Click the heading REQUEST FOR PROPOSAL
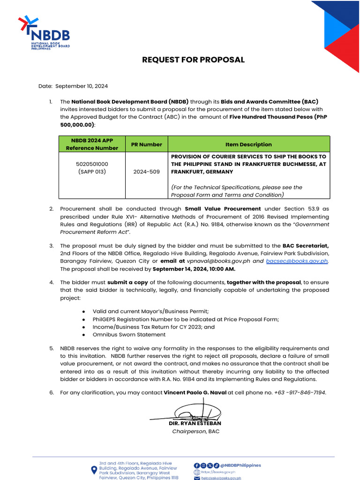click(194, 60)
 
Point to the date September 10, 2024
click(82, 86)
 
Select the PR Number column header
click(147, 144)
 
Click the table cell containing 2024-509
click(147, 172)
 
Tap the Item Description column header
click(248, 144)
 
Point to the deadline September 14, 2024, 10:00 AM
click(194, 269)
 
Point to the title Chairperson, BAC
click(195, 431)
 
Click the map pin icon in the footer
click(94, 471)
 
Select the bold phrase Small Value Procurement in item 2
click(223, 209)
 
